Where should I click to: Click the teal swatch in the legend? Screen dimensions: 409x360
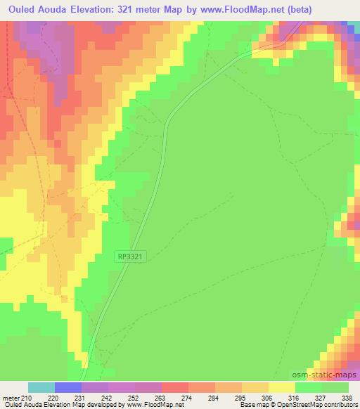pos(41,387)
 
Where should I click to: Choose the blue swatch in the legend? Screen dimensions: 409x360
pos(68,387)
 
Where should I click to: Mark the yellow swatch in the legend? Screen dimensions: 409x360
pos(281,387)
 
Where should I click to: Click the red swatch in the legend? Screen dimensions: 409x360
pos(174,387)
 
